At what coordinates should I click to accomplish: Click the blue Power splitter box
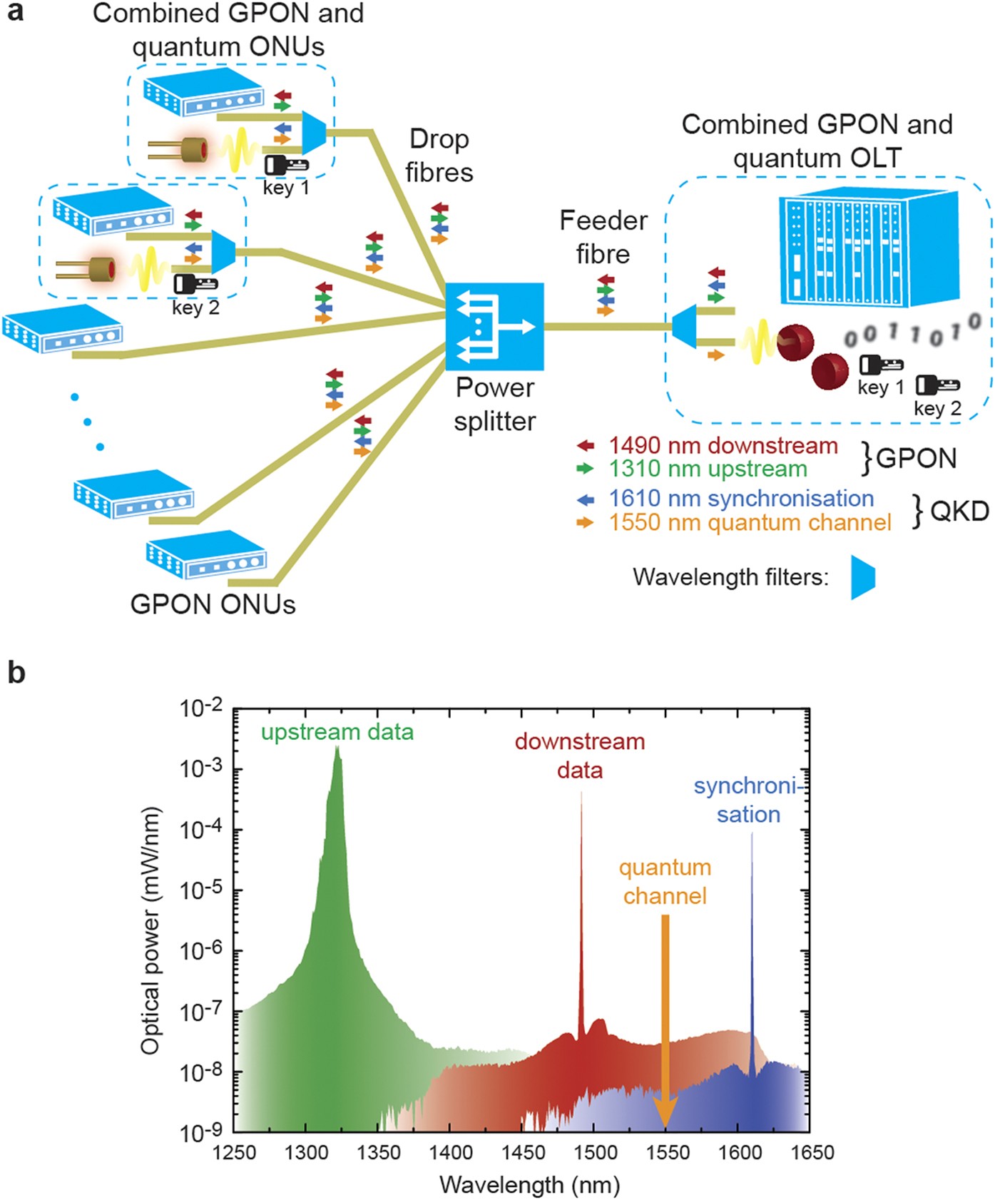tap(494, 326)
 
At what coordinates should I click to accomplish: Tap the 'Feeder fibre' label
tap(603, 237)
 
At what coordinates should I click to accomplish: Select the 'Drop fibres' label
tap(439, 156)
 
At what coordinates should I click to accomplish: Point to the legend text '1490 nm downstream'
tap(723, 446)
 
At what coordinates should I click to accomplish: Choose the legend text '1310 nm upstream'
tap(708, 469)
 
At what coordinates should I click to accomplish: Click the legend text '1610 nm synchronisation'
tap(741, 499)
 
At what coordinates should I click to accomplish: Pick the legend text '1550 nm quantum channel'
tap(750, 523)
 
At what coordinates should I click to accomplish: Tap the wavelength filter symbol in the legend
tap(863, 577)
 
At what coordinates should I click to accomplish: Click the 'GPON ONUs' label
tap(213, 604)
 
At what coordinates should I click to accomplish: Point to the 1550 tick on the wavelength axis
tap(666, 1153)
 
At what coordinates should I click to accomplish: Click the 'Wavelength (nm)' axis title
tap(529, 1185)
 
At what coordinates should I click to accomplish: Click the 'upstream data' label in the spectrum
tap(337, 733)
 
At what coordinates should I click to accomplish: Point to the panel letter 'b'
tap(16, 673)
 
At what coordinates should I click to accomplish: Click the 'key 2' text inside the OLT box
tap(937, 409)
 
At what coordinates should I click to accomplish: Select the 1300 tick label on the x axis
tap(306, 1153)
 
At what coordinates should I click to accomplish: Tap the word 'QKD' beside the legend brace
tap(959, 511)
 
